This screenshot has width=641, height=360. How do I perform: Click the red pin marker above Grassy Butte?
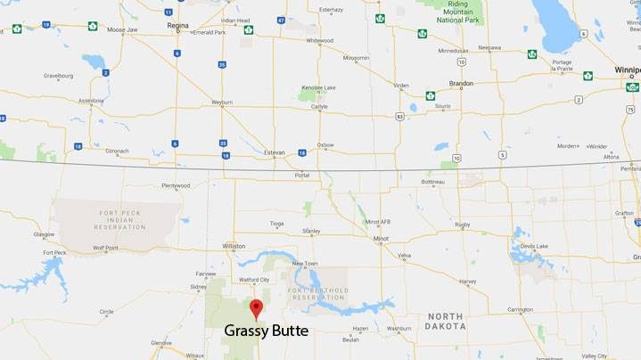(x=256, y=308)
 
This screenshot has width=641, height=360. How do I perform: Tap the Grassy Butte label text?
(x=266, y=331)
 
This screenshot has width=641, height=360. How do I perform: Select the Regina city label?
(x=177, y=26)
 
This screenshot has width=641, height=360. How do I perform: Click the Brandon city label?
(x=461, y=83)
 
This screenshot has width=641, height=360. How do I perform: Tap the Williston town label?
(x=234, y=245)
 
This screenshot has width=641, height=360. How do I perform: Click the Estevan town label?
(x=275, y=152)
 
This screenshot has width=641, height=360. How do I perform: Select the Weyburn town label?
(x=221, y=102)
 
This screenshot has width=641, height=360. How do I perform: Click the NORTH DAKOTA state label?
(x=446, y=321)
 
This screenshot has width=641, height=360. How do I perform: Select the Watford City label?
(x=254, y=279)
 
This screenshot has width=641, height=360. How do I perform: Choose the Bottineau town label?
(x=432, y=182)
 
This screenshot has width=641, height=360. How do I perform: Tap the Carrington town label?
(x=520, y=309)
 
